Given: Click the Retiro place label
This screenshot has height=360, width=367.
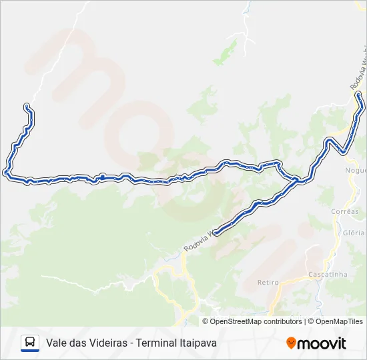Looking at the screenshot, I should pos(268,282).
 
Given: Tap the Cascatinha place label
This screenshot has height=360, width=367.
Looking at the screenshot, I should pos(327,274).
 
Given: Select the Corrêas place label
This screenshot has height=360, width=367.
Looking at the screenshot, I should pos(344,211).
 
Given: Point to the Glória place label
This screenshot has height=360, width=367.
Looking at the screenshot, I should pos(354,233).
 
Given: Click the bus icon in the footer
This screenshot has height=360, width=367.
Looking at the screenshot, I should pos(30,343).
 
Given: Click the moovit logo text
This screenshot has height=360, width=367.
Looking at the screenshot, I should pos(322,343).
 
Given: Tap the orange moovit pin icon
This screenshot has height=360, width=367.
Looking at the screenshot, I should pos(291,343).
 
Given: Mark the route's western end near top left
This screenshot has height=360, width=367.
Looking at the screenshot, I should pos(26,106).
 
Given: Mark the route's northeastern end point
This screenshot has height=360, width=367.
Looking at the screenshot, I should pos(359,95).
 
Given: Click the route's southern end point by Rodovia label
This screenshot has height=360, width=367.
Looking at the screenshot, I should pos(215,233).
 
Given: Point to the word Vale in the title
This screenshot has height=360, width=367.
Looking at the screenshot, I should pos(57,343).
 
